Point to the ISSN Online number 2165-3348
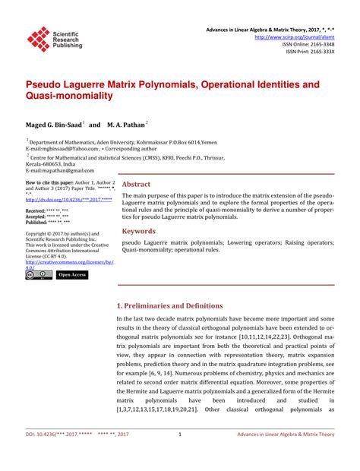(320, 44)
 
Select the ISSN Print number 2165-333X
(320, 52)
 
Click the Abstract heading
(136, 185)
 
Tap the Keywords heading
(139, 231)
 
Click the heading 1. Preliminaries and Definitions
(180, 306)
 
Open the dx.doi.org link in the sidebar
(68, 199)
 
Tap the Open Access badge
(72, 275)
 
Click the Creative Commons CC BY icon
(36, 275)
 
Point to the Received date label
(35, 210)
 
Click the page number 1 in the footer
(179, 456)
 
